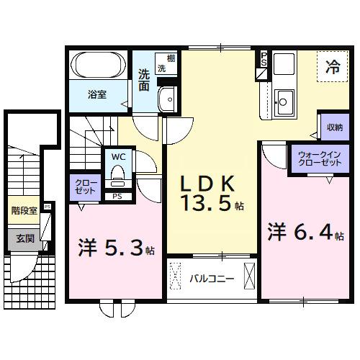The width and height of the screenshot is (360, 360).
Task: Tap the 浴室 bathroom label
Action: tap(98, 94)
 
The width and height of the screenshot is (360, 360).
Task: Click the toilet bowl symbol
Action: tap(118, 174)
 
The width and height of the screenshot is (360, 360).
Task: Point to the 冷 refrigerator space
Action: tap(333, 68)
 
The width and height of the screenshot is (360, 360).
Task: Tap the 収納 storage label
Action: tap(333, 127)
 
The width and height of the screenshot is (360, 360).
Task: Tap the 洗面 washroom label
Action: tap(144, 79)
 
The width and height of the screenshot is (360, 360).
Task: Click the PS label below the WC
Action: tap(117, 195)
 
